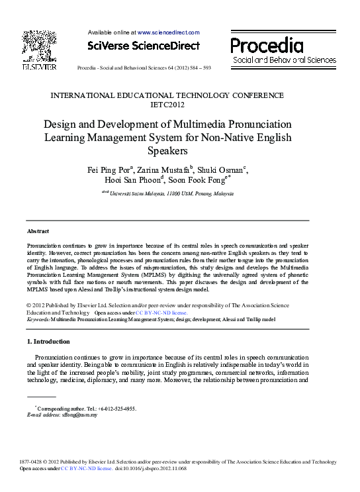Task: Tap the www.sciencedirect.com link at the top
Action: coord(168,32)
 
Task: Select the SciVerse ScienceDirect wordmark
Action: coord(143,46)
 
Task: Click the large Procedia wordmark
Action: coord(267,46)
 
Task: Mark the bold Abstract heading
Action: coord(37,231)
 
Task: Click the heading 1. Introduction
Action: coord(48,342)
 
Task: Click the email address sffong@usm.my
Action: coord(79,415)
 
